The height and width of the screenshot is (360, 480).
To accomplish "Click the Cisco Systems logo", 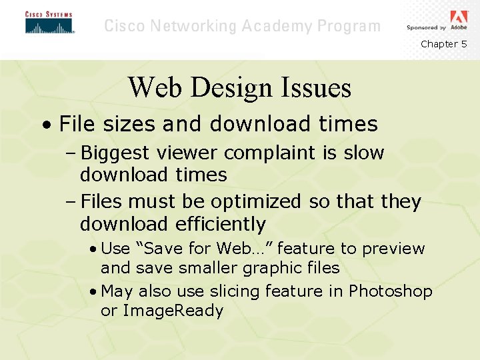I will coord(49,23).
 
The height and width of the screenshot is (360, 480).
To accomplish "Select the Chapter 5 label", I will coord(443,44).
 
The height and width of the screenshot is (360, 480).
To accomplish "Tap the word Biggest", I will coord(115,153).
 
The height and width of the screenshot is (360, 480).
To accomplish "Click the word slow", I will coord(364,153).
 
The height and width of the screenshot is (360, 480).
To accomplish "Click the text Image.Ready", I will coord(172,311).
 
